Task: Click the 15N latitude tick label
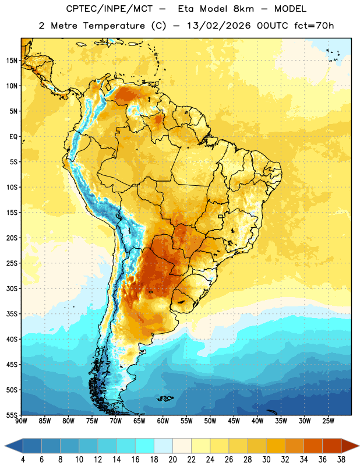coord(12,61)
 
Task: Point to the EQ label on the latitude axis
coord(13,137)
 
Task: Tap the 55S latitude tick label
coord(12,415)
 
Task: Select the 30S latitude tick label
coord(12,288)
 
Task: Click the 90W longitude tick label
coord(21,421)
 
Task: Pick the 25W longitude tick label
coord(328,421)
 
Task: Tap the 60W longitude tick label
coord(163,421)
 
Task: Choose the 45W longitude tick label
coord(234,421)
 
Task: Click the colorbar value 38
coord(341,460)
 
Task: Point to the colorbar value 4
coord(23,460)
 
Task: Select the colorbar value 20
coord(172,460)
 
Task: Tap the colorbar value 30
coord(266,460)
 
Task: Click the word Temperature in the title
coord(114,26)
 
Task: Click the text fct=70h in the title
coord(314,26)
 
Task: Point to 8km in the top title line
coord(243,9)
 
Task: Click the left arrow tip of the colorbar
coord(5,446)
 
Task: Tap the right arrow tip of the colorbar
coord(359,446)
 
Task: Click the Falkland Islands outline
coord(165,398)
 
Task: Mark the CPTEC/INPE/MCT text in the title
coord(109,9)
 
